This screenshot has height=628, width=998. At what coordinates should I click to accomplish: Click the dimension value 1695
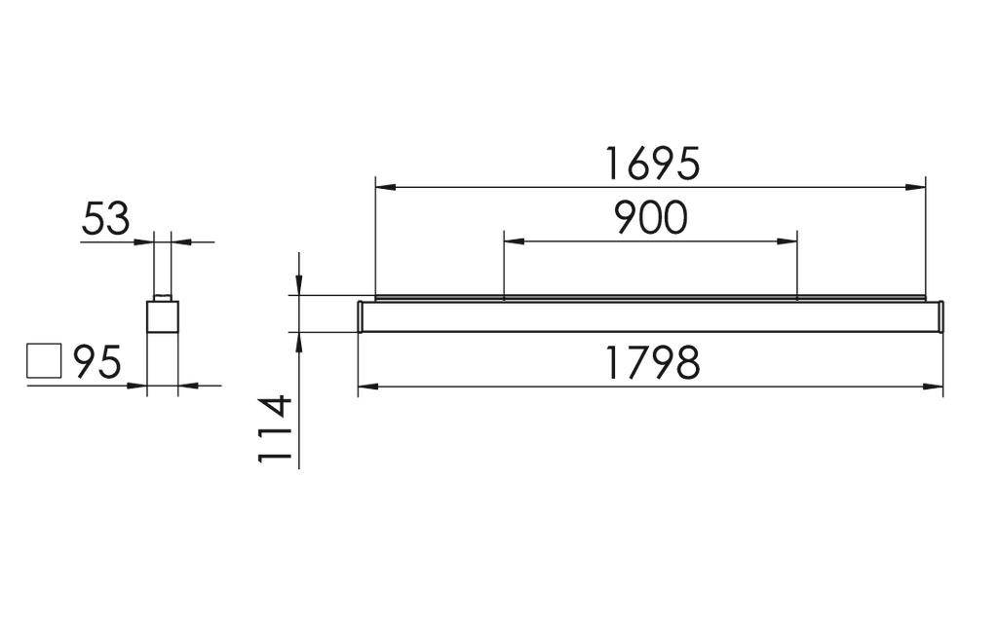[651, 164]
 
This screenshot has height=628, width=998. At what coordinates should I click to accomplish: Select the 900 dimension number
[650, 219]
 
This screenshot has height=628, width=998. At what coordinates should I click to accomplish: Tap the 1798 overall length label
[651, 363]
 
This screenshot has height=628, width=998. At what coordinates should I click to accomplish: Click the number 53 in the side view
[105, 220]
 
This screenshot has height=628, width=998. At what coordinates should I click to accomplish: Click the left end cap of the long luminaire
[361, 316]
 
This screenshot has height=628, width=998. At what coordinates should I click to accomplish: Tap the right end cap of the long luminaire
[941, 316]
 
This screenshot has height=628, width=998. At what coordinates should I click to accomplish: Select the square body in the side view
[162, 317]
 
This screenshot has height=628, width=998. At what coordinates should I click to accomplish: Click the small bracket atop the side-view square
[162, 297]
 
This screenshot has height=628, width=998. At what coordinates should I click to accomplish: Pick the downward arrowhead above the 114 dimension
[298, 284]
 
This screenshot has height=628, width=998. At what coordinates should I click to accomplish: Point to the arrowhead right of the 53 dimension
[178, 240]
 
